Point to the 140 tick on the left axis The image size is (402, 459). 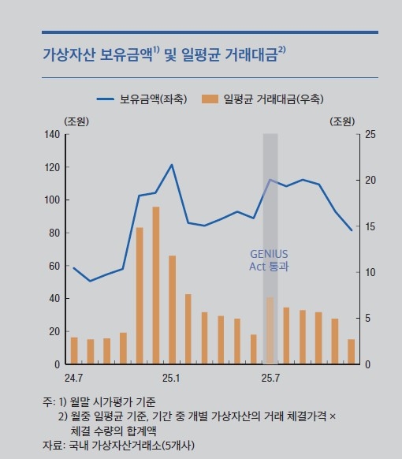(53, 134)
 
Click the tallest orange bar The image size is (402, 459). (156, 285)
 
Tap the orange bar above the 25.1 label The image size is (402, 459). (172, 309)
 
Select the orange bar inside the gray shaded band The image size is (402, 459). (270, 331)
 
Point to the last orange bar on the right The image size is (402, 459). (352, 352)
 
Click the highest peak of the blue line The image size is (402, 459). (172, 165)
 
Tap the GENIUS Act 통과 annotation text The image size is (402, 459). (269, 260)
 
